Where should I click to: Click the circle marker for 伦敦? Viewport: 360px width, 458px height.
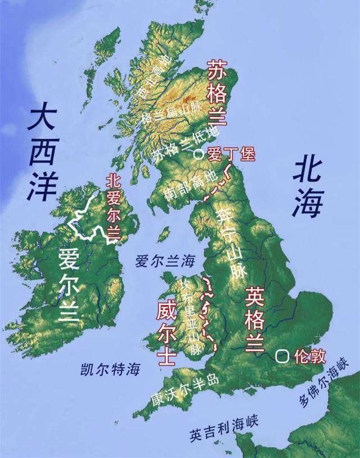pos(282,356)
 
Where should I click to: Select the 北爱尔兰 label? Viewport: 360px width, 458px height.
pos(114,206)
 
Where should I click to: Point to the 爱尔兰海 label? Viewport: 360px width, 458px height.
pos(164,261)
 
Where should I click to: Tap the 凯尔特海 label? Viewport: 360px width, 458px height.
pos(110,369)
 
